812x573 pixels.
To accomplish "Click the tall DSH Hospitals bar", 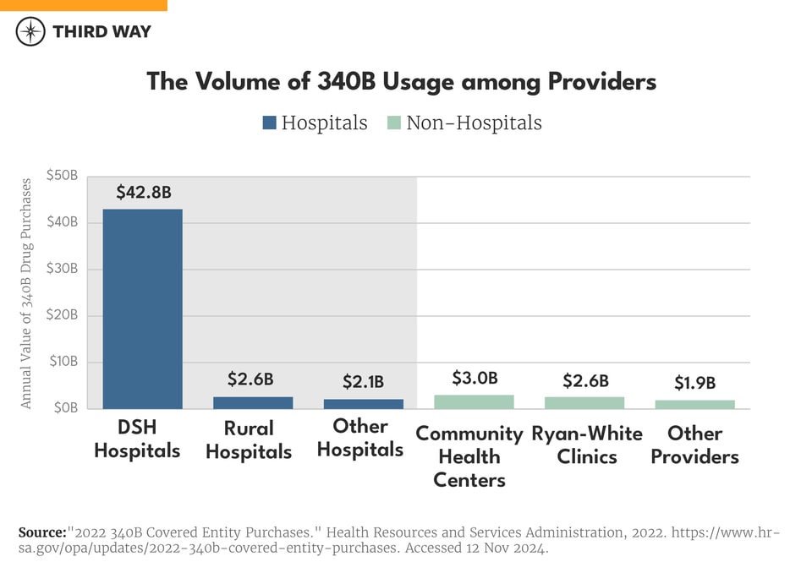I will click(142, 308).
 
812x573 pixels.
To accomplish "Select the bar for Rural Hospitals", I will click(253, 402).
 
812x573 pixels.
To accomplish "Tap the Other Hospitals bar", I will click(364, 403).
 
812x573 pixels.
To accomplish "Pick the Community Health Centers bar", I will click(475, 401).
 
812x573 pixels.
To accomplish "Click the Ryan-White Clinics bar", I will click(584, 402).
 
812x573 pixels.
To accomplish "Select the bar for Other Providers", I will click(695, 404).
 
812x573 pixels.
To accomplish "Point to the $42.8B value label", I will click(142, 192).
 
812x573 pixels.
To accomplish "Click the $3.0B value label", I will click(475, 378).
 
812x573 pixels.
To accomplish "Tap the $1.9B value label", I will click(695, 383).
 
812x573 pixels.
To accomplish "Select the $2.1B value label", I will click(364, 382).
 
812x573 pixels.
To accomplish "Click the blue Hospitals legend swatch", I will click(270, 123).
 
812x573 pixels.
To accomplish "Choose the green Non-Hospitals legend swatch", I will click(393, 123).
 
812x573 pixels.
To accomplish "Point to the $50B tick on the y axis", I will click(62, 177).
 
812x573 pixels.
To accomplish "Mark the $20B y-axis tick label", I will click(62, 315).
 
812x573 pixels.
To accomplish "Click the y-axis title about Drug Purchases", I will click(26, 292).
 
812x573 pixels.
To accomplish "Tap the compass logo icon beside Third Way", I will click(30, 32).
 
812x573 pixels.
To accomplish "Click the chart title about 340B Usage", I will click(401, 81).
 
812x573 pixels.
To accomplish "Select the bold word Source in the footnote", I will click(42, 532).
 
